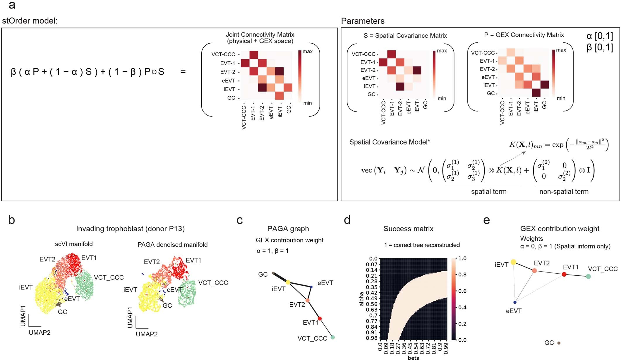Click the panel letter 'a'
tap(12, 5)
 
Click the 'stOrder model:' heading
tap(30, 21)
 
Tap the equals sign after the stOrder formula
tap(183, 71)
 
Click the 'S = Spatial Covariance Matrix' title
tap(405, 36)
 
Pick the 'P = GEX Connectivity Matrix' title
tap(524, 35)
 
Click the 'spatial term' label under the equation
tap(488, 192)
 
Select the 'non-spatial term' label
tap(564, 192)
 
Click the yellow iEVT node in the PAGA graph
tap(288, 282)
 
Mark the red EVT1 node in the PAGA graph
tap(320, 318)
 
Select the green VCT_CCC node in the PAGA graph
tap(332, 337)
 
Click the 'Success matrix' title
tap(408, 229)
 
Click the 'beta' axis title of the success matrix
tap(413, 358)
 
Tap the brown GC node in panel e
tap(559, 343)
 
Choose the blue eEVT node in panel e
tap(515, 302)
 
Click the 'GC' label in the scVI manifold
tap(62, 312)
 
